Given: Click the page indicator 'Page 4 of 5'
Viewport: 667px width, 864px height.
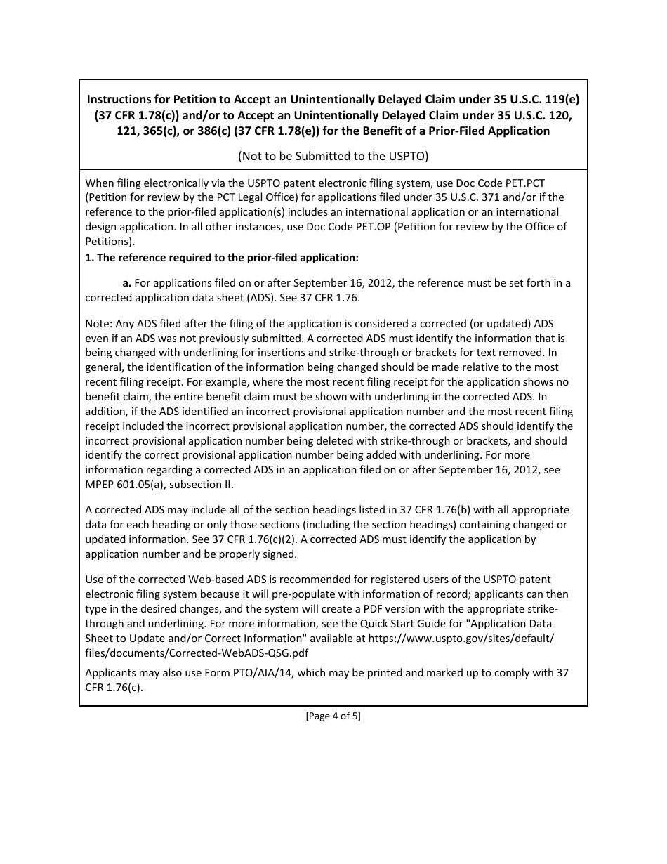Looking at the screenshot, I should (x=333, y=716).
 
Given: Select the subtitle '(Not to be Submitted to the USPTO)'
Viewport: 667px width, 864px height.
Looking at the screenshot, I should (x=333, y=155).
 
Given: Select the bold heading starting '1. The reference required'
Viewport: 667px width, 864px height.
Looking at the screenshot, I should (x=222, y=257).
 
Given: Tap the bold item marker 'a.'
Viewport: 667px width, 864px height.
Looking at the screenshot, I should (x=126, y=282).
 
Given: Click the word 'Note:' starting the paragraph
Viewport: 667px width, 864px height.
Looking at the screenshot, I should (x=98, y=323).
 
